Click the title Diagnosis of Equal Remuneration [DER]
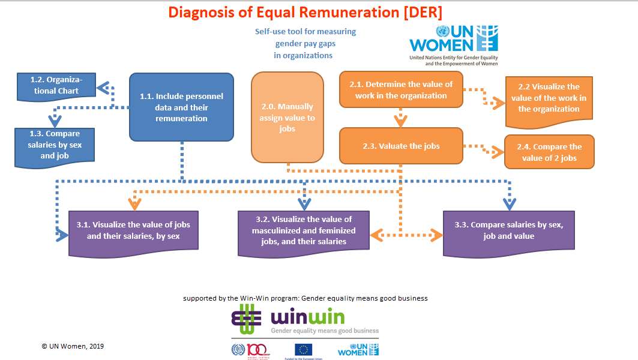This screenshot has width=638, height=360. pyautogui.click(x=305, y=13)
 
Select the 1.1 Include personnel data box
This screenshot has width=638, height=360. pyautogui.click(x=181, y=107)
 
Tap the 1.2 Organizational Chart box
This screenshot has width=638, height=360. pyautogui.click(x=55, y=85)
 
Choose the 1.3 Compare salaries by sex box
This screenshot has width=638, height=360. pyautogui.click(x=55, y=145)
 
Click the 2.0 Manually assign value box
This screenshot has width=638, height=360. pyautogui.click(x=287, y=118)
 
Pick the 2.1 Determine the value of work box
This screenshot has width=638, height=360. pyautogui.click(x=401, y=90)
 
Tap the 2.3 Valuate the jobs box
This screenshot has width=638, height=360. pyautogui.click(x=401, y=146)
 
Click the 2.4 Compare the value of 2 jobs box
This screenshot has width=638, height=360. pyautogui.click(x=549, y=152)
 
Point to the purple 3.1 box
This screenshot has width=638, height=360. pyautogui.click(x=133, y=230)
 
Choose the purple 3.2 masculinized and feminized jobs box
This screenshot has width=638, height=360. pyautogui.click(x=303, y=230)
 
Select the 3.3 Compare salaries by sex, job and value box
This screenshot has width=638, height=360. pyautogui.click(x=509, y=230)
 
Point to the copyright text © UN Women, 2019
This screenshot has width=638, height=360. pyautogui.click(x=73, y=346)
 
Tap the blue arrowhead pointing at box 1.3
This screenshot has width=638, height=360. pyautogui.click(x=55, y=122)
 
